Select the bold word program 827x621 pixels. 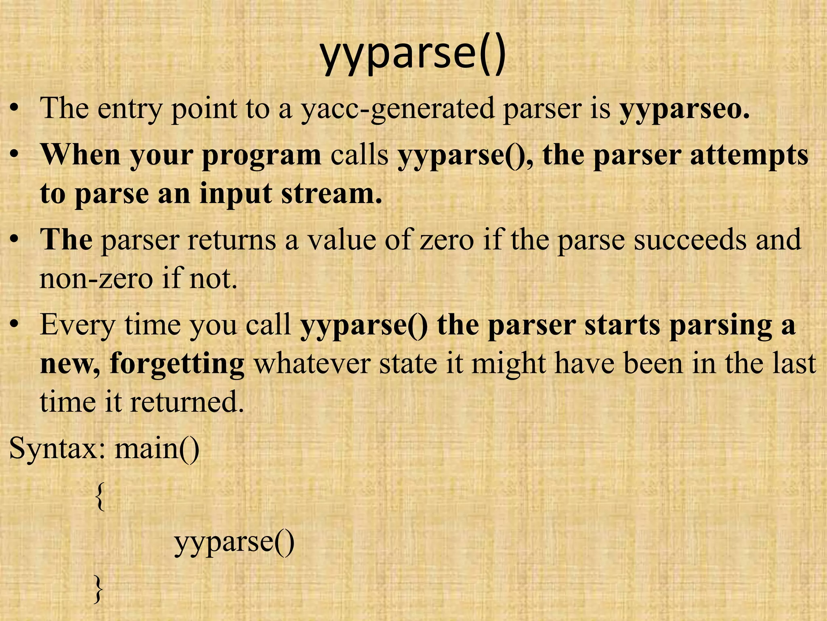(x=261, y=156)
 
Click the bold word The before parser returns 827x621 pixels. (x=66, y=239)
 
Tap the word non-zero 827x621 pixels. (x=96, y=279)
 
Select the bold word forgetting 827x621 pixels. (x=177, y=364)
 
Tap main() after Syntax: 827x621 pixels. (x=157, y=449)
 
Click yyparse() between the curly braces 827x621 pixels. (x=234, y=543)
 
